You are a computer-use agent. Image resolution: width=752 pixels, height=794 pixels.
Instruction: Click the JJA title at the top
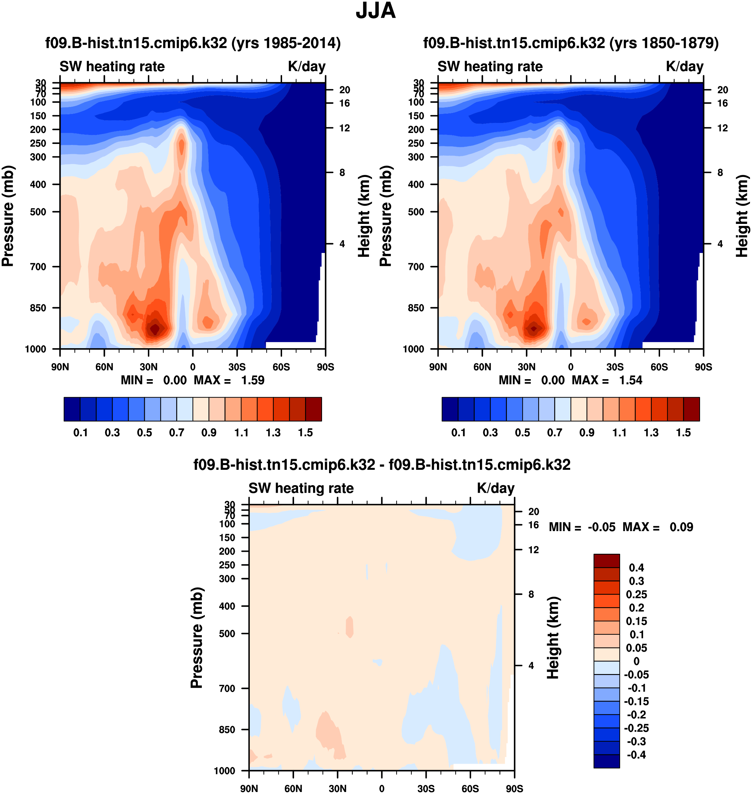(376, 11)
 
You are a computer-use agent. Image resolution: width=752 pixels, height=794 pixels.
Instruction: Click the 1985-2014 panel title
(193, 43)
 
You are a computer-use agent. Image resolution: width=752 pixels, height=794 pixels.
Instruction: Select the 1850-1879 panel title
(571, 43)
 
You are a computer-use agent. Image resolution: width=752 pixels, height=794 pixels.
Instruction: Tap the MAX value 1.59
(252, 380)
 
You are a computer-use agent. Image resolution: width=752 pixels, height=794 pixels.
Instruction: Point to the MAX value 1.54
(630, 380)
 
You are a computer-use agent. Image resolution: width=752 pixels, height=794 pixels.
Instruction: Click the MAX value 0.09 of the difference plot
(681, 527)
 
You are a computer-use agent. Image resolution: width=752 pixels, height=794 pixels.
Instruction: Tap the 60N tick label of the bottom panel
(293, 788)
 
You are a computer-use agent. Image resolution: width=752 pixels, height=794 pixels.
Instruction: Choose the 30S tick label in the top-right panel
(615, 367)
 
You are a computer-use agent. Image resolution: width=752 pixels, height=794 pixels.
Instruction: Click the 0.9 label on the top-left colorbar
(209, 433)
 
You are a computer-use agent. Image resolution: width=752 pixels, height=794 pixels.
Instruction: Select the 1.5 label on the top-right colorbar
(683, 433)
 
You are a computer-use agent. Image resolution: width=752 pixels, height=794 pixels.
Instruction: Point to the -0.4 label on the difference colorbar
(636, 755)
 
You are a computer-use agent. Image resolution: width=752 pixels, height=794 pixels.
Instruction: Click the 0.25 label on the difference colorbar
(636, 594)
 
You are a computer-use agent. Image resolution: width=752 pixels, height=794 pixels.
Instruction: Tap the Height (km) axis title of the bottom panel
(553, 638)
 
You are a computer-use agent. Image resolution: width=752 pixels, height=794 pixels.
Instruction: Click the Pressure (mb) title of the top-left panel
(8, 216)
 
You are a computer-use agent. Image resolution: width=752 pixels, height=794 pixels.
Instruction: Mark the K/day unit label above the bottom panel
(496, 488)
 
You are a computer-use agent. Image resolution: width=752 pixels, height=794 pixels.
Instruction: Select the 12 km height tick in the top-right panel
(722, 128)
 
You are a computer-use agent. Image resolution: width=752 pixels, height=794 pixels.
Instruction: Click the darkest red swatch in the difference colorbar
(606, 561)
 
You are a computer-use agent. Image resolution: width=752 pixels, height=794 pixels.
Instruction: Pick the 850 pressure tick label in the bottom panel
(227, 729)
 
